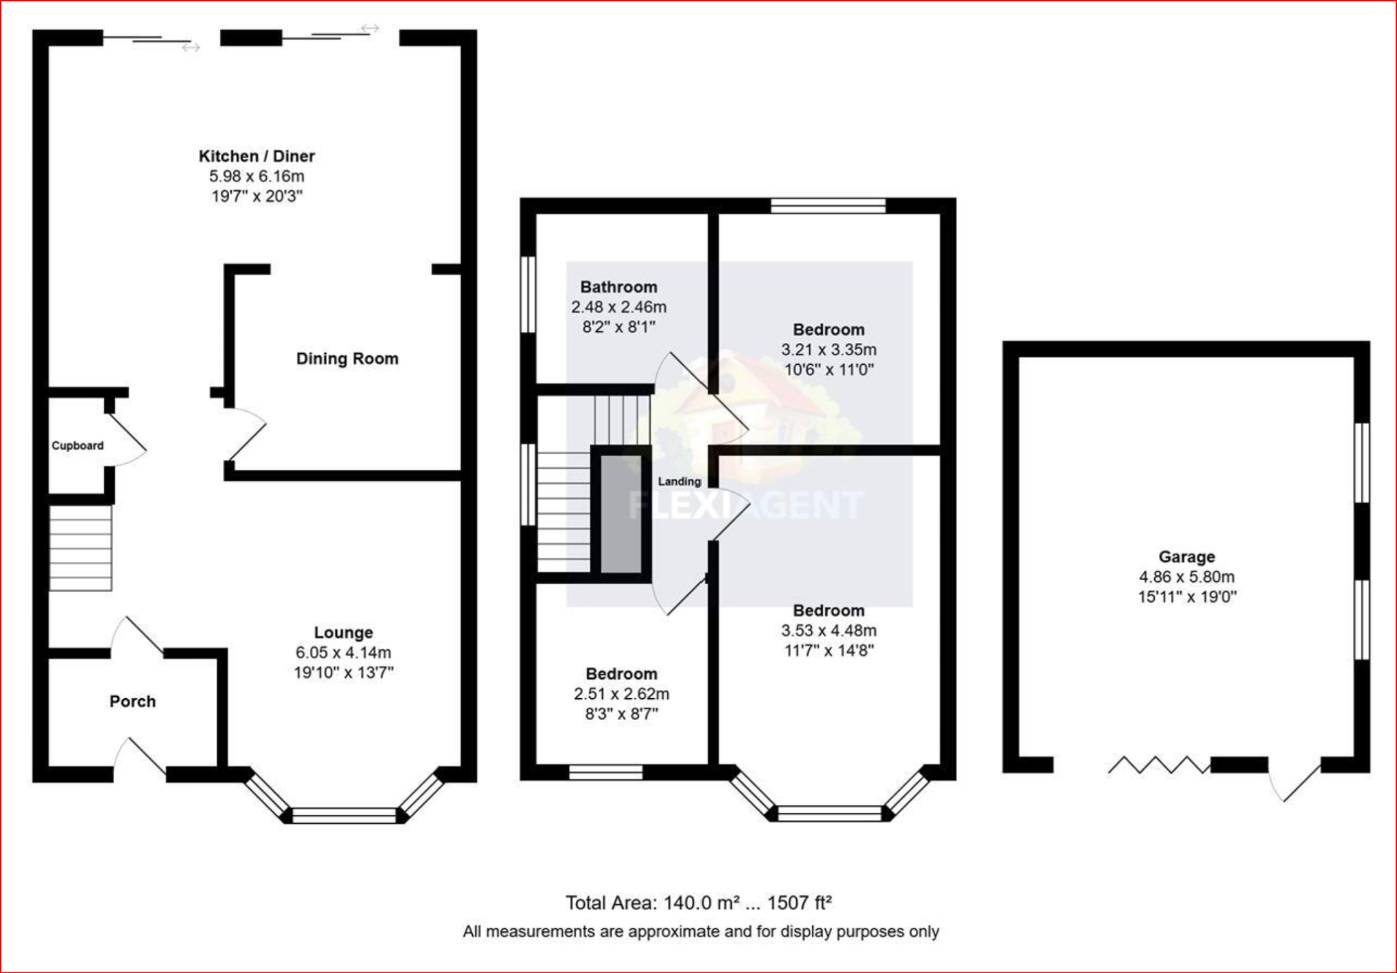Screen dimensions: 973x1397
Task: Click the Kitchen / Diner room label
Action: click(256, 156)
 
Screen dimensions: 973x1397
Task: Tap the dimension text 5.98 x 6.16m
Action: click(256, 177)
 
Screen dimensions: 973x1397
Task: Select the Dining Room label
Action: click(347, 359)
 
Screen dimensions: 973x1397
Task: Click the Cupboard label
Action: click(77, 446)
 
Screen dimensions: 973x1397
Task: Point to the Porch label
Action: click(132, 702)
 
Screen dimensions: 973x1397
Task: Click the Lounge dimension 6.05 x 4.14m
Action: click(343, 653)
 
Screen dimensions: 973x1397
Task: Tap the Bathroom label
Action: click(619, 287)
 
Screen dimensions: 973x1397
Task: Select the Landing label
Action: click(679, 481)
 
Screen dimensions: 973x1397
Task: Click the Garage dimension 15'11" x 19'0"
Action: click(1187, 597)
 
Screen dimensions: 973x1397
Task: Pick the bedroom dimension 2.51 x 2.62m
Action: click(621, 694)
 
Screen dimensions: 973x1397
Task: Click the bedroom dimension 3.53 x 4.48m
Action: click(829, 631)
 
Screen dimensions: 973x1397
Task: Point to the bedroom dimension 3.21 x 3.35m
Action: click(829, 350)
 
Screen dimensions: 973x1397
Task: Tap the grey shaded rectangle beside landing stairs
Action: click(621, 514)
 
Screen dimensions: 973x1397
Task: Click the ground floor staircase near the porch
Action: click(80, 548)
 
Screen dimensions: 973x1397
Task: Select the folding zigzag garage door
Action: click(1158, 764)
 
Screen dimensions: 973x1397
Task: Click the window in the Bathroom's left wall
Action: click(528, 295)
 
